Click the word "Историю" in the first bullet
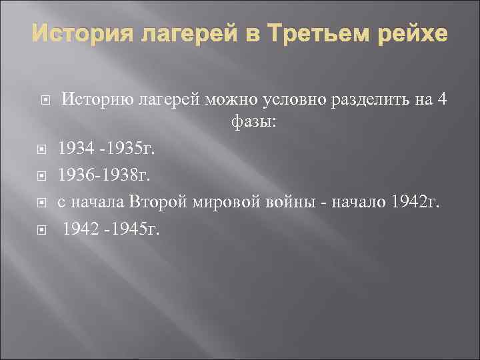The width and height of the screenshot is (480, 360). point(97,100)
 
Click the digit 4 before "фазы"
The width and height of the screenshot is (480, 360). point(442,100)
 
